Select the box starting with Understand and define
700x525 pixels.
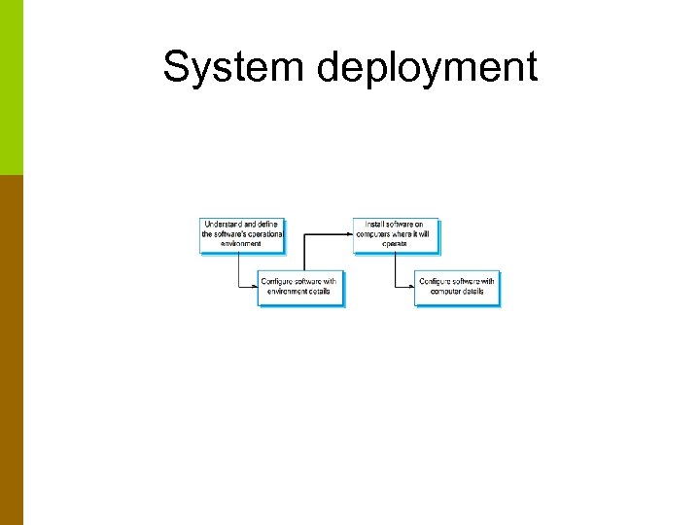click(242, 234)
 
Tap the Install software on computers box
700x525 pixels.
click(396, 234)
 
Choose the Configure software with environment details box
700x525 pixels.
click(300, 287)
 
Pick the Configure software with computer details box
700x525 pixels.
click(457, 287)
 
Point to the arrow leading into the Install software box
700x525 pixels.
click(331, 234)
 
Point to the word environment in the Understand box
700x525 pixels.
click(241, 244)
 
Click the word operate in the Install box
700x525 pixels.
click(396, 244)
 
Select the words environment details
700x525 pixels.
click(300, 292)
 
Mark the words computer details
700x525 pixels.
click(457, 292)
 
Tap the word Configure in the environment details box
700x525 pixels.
click(279, 282)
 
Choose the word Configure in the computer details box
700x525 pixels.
click(437, 282)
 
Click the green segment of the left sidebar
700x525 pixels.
click(11, 87)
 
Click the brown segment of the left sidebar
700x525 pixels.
click(11, 350)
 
